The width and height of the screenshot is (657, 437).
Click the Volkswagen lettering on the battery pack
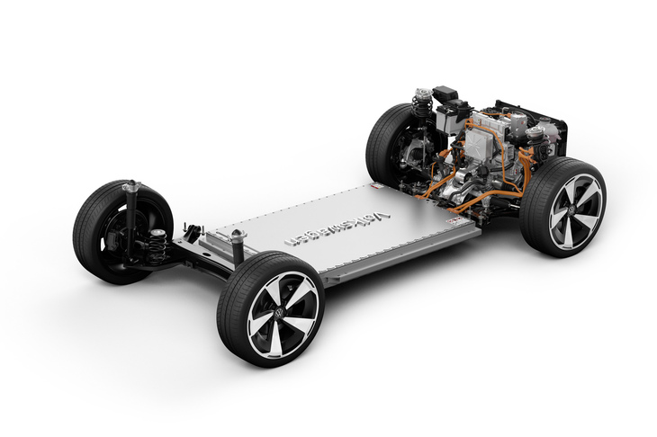[337, 228]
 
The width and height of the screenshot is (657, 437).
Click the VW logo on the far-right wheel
[571, 209]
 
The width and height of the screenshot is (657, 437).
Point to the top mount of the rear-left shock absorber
[131, 185]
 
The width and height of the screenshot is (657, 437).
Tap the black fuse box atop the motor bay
[445, 93]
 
